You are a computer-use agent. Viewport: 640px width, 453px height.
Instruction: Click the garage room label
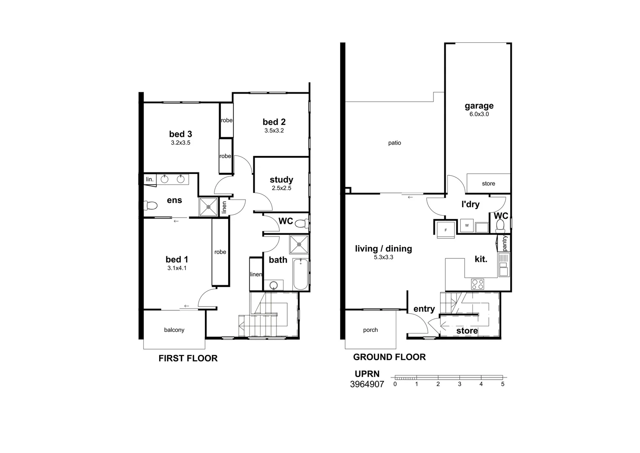[x=479, y=106]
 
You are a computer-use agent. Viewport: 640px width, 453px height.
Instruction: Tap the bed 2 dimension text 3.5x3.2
[x=274, y=130]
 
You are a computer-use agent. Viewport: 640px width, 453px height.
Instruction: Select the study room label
[x=281, y=180]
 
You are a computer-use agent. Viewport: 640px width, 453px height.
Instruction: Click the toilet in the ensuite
[x=150, y=206]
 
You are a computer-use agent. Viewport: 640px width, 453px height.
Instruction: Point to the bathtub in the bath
[x=300, y=274]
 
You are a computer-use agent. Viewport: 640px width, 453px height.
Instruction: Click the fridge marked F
[x=445, y=230]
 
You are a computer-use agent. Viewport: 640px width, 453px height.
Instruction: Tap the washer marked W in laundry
[x=467, y=226]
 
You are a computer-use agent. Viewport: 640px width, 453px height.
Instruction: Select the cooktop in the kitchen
[x=478, y=284]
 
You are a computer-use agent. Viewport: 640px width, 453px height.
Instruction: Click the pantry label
[x=504, y=243]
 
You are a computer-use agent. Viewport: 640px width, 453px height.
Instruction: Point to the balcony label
[x=174, y=330]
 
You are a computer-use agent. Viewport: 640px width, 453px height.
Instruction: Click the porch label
[x=370, y=330]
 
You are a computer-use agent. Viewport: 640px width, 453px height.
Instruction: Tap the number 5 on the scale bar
[x=503, y=384]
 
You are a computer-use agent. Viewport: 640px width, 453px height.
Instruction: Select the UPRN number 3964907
[x=367, y=384]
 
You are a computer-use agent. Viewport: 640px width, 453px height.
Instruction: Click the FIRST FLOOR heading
[x=188, y=358]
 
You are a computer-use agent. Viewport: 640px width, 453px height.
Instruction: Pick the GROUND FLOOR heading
[x=389, y=357]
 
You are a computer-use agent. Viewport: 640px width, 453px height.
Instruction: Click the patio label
[x=394, y=143]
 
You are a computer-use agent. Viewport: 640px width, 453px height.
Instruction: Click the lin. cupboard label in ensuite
[x=150, y=180]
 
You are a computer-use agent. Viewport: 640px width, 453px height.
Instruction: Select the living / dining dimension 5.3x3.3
[x=383, y=258]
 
